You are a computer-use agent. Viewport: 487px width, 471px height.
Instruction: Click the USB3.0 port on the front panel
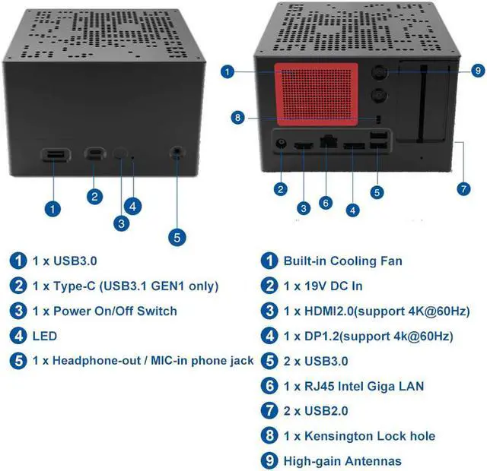[53, 155]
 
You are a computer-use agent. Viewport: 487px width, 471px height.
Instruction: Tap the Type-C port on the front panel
[95, 154]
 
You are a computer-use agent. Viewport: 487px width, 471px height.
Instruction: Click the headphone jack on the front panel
[178, 153]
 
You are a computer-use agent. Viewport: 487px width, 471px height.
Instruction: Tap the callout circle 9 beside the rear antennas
[477, 70]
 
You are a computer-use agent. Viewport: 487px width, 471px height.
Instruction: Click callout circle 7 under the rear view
[463, 188]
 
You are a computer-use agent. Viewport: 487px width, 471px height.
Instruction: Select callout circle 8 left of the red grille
[238, 117]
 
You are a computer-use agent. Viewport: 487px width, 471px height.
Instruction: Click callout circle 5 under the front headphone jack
[177, 236]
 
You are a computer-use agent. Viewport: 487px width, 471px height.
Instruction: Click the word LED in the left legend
[45, 335]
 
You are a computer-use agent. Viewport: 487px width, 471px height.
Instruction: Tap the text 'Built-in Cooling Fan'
[342, 261]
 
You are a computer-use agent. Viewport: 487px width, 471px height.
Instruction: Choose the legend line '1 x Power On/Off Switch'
[104, 311]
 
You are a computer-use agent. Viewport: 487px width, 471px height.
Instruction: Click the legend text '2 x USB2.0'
[316, 410]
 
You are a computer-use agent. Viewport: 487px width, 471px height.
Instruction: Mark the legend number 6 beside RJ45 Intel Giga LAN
[269, 385]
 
